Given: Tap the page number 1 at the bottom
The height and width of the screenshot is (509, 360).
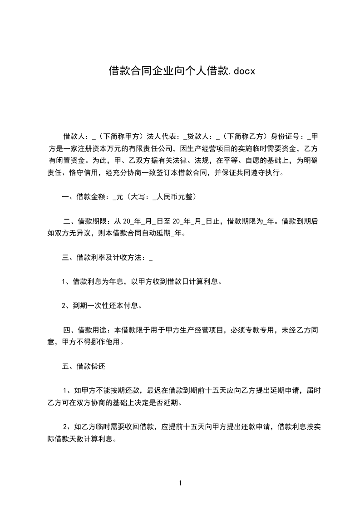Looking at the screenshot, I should pos(180,484).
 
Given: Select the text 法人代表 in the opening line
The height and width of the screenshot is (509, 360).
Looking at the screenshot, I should pos(166,136).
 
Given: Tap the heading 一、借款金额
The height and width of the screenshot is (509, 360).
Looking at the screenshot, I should pos(84,197).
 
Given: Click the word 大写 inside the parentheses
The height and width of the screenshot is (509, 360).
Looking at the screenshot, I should pos(137,197).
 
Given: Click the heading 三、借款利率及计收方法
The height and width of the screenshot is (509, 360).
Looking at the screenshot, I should pos(103,258).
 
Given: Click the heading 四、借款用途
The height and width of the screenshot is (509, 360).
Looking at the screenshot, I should pos(84,330).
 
